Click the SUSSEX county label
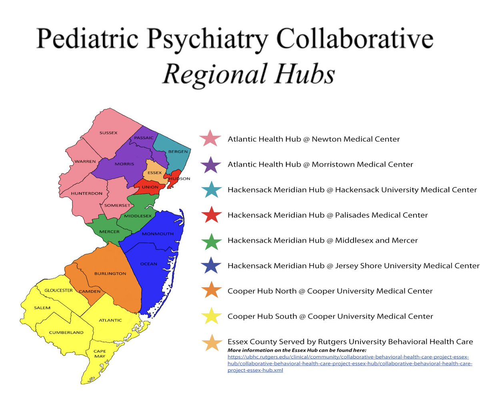tap(108, 132)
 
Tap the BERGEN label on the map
tap(178, 152)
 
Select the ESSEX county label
tap(155, 173)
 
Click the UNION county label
tap(150, 187)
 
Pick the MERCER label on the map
tap(109, 232)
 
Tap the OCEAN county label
tap(149, 264)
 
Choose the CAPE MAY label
tap(100, 354)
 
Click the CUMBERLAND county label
tap(66, 332)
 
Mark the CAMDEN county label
tap(90, 291)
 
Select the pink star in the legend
tap(210, 138)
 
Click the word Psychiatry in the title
tap(208, 39)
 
